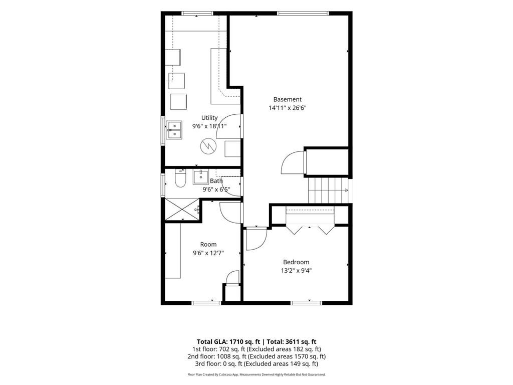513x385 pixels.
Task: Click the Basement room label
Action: coord(287,99)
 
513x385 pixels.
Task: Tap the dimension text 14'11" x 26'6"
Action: coord(287,108)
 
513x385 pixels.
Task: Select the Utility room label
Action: coord(209,118)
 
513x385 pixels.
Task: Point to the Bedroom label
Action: coord(296,262)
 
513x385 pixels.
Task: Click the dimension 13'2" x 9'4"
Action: coord(296,270)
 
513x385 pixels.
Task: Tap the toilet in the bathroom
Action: coord(180,178)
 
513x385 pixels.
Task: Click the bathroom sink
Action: coord(200,177)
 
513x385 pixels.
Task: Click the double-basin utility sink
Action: coord(174,130)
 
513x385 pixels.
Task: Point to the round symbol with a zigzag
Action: coord(208,146)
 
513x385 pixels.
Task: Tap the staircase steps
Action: coord(328,190)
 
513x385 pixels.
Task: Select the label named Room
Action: coord(208,244)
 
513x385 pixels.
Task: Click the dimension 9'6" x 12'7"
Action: coord(208,253)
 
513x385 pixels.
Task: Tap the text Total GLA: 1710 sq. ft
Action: coord(228,342)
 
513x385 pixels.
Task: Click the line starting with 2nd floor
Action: coord(256,356)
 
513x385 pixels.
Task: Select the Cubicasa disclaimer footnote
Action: coord(256,374)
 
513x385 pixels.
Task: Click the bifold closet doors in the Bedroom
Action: coord(310,229)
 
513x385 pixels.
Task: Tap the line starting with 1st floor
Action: coord(256,349)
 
